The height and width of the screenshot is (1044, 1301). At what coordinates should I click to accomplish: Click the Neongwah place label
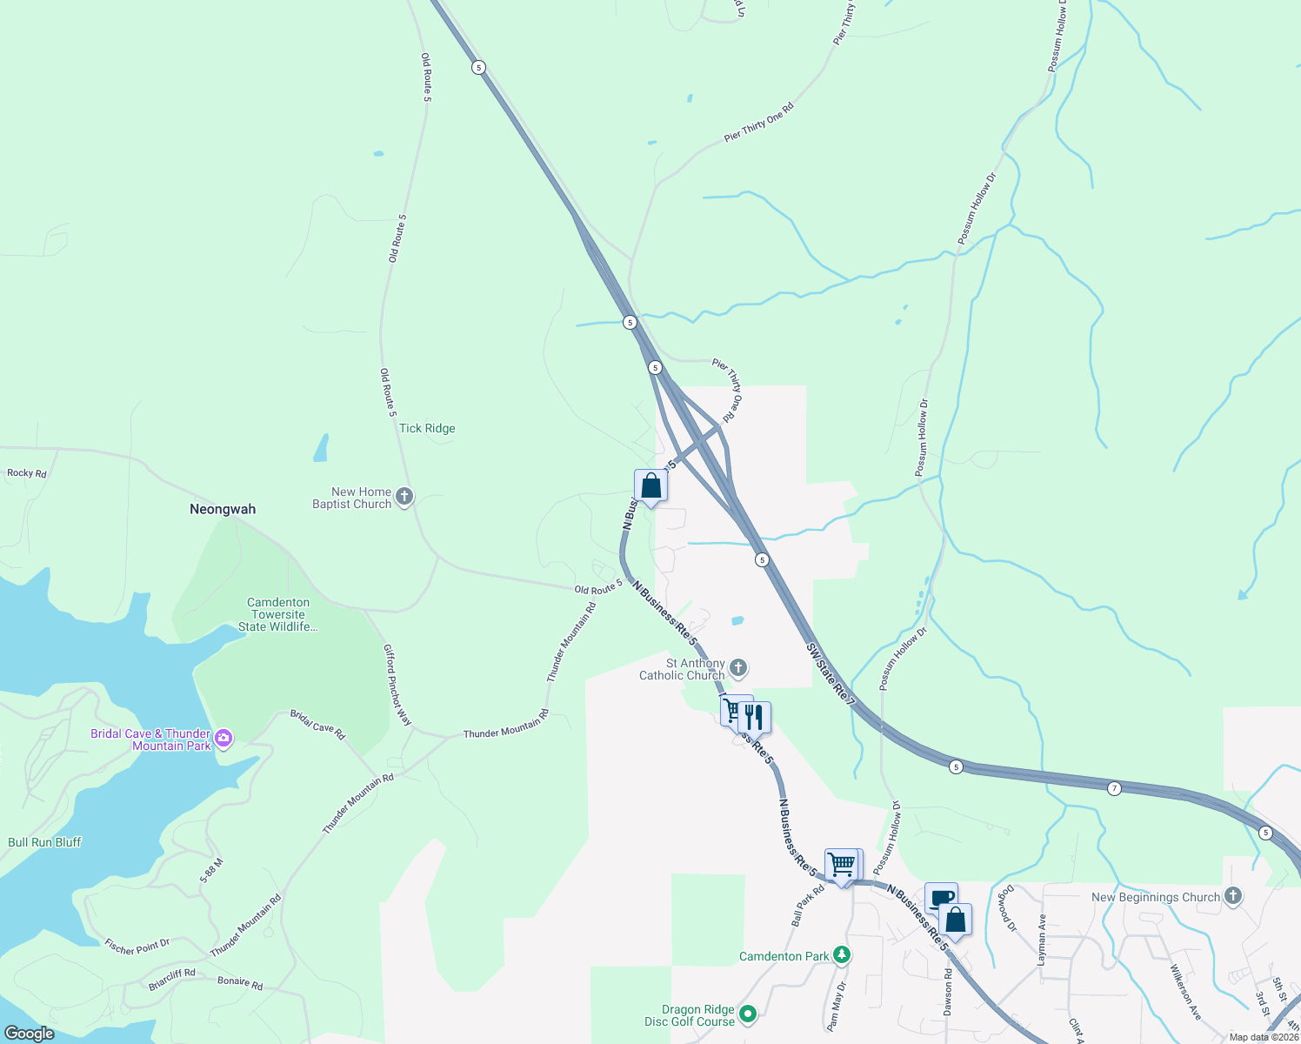coord(223,509)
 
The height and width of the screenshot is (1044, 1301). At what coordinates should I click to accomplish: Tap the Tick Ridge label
coord(427,428)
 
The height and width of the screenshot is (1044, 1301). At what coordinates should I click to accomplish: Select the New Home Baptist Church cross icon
coord(404,497)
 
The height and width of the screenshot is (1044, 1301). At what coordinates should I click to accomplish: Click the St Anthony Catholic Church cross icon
coord(738,668)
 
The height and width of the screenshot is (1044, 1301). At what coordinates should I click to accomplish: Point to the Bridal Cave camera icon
coord(224,739)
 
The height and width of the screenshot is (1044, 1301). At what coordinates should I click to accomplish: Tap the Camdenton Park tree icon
coord(841,955)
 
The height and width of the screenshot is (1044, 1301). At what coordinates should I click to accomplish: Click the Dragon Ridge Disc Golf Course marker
coord(748,1014)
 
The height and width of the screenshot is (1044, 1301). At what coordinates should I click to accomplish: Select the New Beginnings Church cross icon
coord(1232,896)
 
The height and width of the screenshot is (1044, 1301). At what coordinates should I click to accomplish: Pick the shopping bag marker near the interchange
coord(650,486)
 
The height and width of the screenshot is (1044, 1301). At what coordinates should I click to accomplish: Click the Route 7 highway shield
coord(1114,788)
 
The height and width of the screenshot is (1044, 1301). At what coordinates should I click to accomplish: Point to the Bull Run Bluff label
coord(44,842)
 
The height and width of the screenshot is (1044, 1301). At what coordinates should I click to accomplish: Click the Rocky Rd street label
coord(27,473)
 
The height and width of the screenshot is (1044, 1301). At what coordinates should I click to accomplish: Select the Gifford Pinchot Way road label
coord(397,686)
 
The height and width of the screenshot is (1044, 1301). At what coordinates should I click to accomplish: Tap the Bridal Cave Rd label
coord(317,725)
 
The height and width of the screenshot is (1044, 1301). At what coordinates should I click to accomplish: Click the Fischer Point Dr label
coord(137,946)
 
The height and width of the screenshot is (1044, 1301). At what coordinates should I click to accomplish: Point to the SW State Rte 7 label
coord(831,674)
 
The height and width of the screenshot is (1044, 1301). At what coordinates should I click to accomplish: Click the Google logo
coord(29,1034)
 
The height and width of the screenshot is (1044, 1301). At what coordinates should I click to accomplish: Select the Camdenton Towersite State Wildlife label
coord(278,614)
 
